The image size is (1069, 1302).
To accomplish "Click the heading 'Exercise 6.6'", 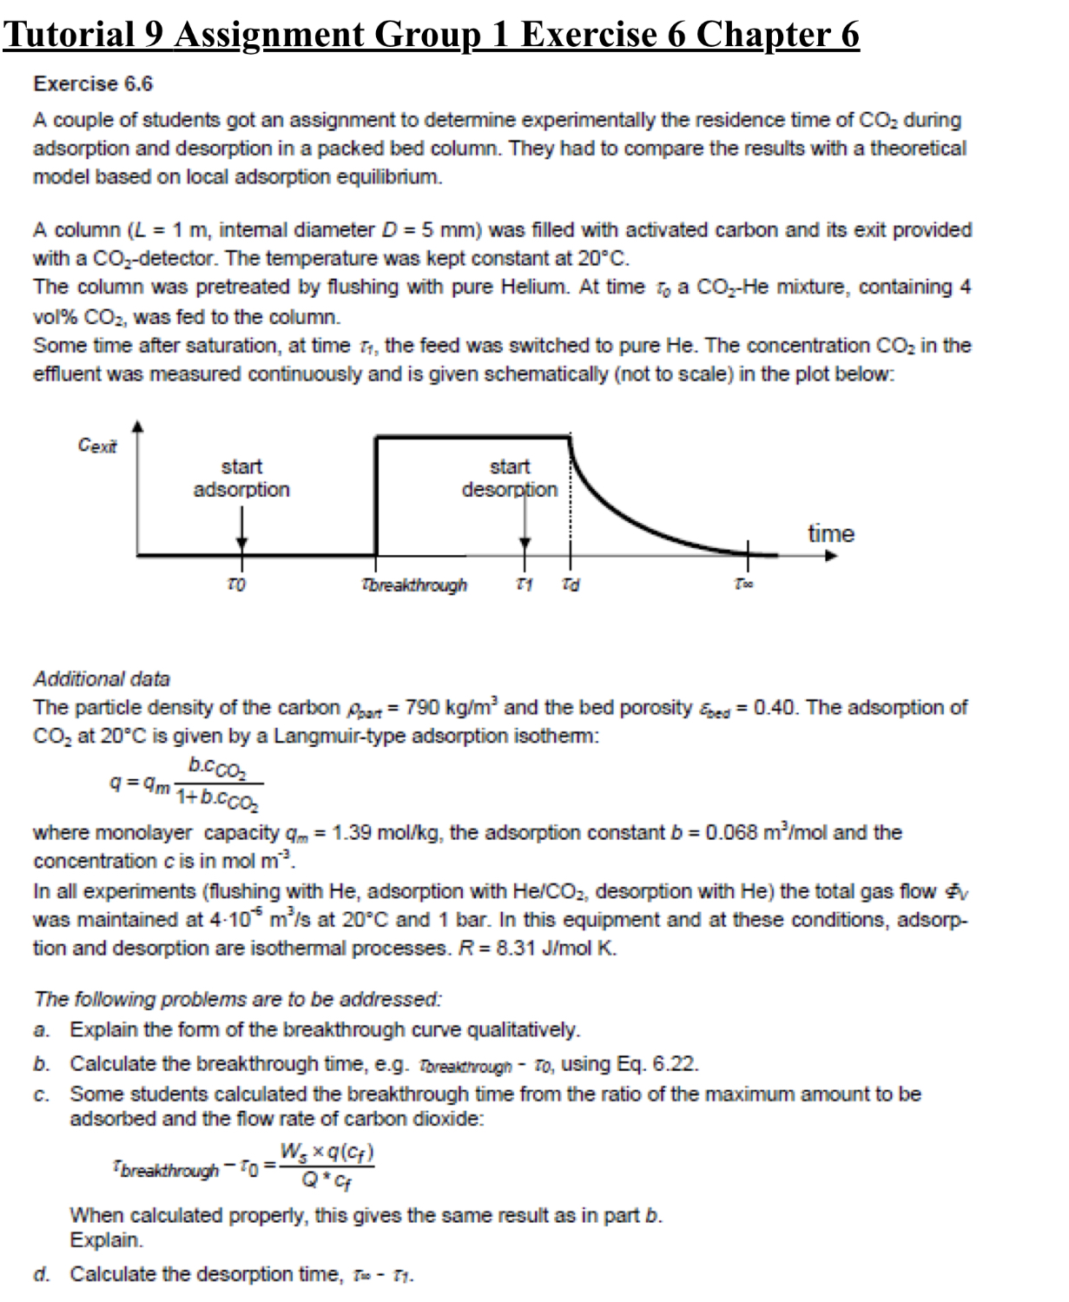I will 93,84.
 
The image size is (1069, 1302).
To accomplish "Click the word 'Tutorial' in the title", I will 68,35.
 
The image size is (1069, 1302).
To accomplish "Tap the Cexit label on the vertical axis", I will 97,446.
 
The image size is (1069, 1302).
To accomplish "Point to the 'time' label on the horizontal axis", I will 831,533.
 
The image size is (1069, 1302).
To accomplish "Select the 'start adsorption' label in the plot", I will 241,479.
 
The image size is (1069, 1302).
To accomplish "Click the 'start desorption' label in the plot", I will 510,479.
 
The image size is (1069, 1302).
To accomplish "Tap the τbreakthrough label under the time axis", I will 414,585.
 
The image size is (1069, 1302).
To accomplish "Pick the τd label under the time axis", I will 571,585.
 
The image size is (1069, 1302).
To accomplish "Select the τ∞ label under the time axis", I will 744,585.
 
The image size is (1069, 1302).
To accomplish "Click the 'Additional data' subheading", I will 102,679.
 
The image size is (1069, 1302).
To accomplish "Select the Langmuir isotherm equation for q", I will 188,782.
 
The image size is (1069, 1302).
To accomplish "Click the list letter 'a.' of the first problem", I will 42,1031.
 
